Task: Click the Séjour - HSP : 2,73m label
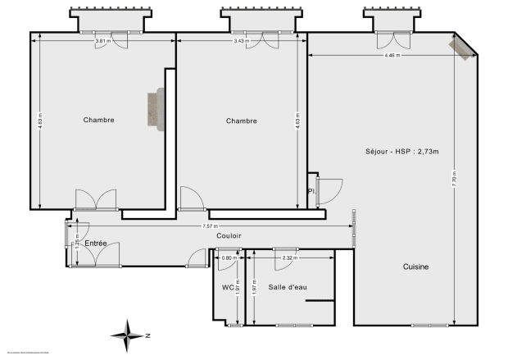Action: pos(402,152)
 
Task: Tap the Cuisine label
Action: pos(415,267)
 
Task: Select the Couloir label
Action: pos(229,236)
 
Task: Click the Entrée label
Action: pos(96,244)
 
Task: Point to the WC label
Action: pos(228,288)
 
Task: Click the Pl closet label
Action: pos(311,191)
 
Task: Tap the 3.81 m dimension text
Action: pos(102,41)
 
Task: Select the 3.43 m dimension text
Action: pos(240,41)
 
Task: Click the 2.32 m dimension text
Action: pos(288,258)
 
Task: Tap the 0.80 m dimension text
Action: pos(229,258)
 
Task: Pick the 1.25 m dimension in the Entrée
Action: pos(76,244)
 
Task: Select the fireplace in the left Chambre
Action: pos(154,110)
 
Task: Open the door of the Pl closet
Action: pos(330,190)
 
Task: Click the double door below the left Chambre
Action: pos(97,200)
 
